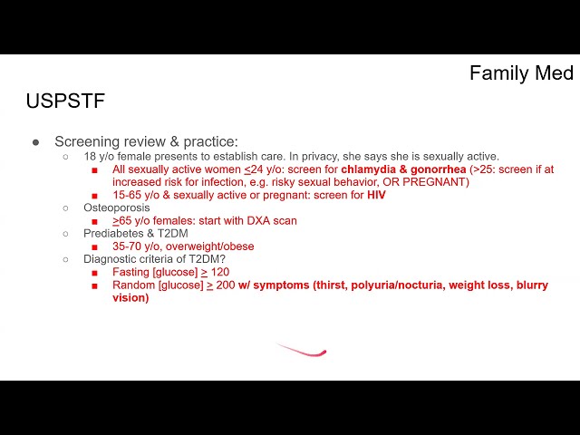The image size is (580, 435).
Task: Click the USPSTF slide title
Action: pyautogui.click(x=65, y=101)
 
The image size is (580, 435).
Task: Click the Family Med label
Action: pyautogui.click(x=521, y=72)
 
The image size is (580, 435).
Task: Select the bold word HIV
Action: pyautogui.click(x=377, y=195)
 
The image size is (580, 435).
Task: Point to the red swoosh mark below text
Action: pyautogui.click(x=301, y=350)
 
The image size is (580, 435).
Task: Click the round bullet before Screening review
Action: pyautogui.click(x=36, y=142)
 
